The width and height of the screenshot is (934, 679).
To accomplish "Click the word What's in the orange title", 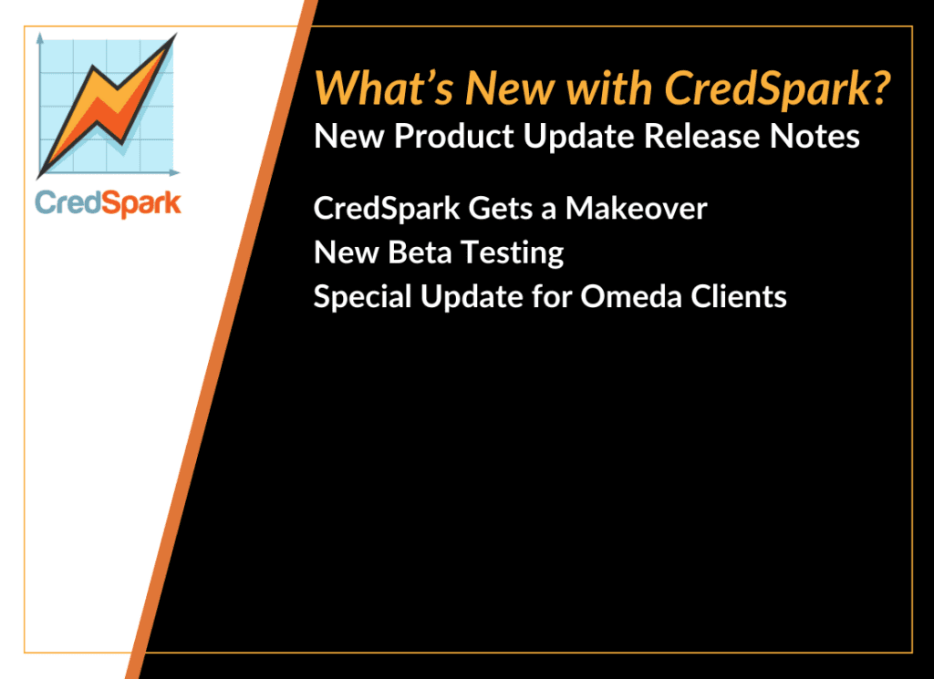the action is point(384,88).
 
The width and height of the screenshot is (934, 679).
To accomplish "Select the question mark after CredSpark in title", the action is point(878,88).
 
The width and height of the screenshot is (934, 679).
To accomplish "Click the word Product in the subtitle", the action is point(454,137).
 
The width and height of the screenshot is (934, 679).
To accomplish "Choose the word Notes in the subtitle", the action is point(815,137).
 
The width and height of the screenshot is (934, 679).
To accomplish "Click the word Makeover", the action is point(636,209).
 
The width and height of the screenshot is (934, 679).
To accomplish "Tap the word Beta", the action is point(419,252).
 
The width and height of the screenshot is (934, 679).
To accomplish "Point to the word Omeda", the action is point(630,296).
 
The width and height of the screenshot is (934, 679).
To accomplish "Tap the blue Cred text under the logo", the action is point(67,203).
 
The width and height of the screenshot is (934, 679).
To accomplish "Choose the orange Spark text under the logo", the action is point(141,204).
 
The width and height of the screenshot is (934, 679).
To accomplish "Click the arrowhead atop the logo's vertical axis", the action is point(40,38).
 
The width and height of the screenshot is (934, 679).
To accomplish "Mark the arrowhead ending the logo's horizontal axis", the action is point(174,172).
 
